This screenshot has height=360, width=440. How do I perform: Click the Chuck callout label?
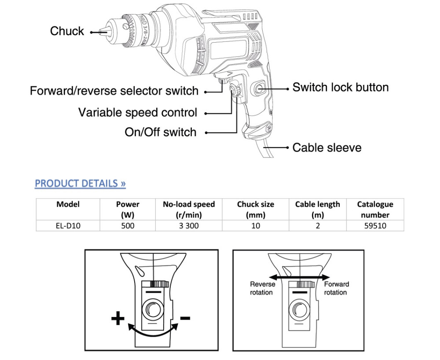pyautogui.click(x=67, y=31)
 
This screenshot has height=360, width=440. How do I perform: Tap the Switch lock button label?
pyautogui.click(x=341, y=87)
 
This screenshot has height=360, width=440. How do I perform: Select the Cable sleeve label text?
pyautogui.click(x=326, y=147)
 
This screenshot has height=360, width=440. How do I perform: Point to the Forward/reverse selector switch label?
pyautogui.click(x=114, y=91)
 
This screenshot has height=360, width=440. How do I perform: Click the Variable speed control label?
pyautogui.click(x=138, y=112)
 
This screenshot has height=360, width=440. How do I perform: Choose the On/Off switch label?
pyautogui.click(x=161, y=132)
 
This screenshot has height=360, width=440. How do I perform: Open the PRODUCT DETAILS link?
pyautogui.click(x=81, y=183)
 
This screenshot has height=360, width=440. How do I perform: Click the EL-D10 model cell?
pyautogui.click(x=68, y=225)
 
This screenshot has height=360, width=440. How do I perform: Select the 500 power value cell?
pyautogui.click(x=128, y=225)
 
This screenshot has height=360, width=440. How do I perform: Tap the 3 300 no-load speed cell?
pyautogui.click(x=189, y=225)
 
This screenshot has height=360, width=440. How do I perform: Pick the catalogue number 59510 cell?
pyautogui.click(x=374, y=225)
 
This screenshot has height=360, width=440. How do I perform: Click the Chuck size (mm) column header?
pyautogui.click(x=255, y=209)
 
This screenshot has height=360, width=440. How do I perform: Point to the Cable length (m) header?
pyautogui.click(x=317, y=209)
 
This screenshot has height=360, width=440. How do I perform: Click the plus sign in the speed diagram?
pyautogui.click(x=117, y=318)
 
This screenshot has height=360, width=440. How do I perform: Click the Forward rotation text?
pyautogui.click(x=337, y=288)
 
